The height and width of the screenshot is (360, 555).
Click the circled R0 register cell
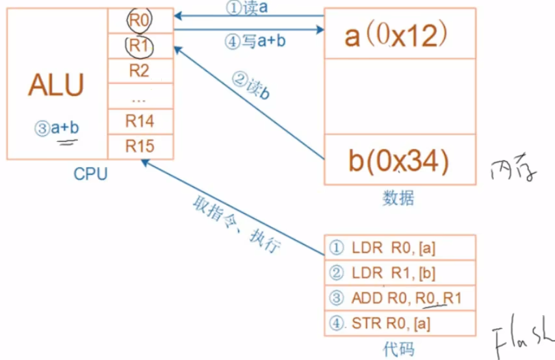click(140, 21)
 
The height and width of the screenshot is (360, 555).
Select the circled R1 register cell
click(140, 45)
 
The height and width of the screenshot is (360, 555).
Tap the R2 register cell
click(140, 71)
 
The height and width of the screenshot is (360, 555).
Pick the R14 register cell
click(140, 121)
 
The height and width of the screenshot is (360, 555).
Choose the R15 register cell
click(140, 146)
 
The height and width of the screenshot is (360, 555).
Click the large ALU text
click(56, 85)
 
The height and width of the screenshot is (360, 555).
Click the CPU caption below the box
click(90, 174)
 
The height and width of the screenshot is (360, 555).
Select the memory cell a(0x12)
click(400, 34)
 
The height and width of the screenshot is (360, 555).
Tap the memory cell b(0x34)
click(400, 160)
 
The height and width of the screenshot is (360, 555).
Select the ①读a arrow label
click(246, 8)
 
